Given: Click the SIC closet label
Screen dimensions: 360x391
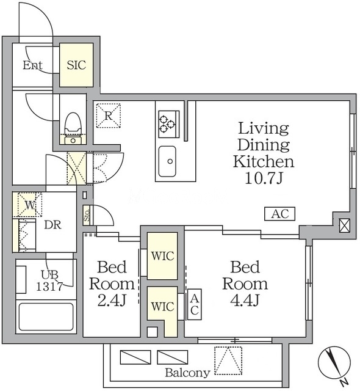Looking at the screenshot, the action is coord(76,65).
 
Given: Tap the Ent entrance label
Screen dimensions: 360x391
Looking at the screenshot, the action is coord(32,65).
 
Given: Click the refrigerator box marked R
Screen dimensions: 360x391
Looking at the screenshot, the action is coord(108,115).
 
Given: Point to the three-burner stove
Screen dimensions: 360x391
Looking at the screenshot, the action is coord(169,124).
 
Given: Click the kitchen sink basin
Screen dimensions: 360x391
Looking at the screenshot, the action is coord(167,161).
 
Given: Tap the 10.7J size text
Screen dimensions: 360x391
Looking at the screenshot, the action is coord(264,178).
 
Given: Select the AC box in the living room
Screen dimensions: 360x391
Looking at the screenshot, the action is coord(279,214).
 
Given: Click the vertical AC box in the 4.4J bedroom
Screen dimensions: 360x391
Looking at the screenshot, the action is coord(195,304).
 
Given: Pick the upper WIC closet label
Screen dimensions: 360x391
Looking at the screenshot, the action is coord(162,256).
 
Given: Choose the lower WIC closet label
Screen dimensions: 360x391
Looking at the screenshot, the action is coord(162,307).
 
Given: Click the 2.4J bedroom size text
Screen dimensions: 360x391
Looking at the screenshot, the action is coord(112,301).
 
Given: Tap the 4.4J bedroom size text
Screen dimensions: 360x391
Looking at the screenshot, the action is coord(245,300).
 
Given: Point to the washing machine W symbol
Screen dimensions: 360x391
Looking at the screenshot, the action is coord(30,205).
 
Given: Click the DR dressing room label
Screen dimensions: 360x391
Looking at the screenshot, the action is coord(52,225).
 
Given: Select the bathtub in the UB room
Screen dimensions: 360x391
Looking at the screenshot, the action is coord(46,316).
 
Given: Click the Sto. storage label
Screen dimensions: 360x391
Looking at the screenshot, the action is coord(87,215).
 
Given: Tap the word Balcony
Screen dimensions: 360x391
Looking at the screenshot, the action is coord(187,373).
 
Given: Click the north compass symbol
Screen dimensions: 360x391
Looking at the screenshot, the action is coord(334,362).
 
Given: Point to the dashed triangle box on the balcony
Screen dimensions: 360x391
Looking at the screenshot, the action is coord(228,360).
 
